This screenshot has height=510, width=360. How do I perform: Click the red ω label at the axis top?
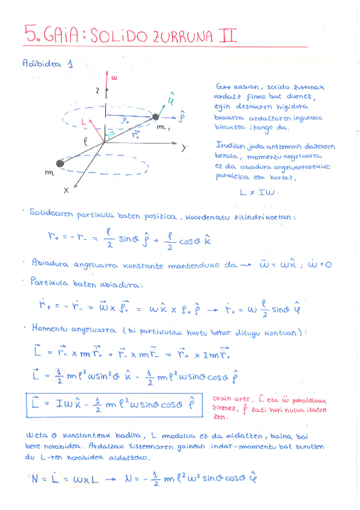tap(114, 77)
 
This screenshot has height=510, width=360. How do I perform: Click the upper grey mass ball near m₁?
tap(157, 116)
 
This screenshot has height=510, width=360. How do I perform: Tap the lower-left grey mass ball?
tap(60, 163)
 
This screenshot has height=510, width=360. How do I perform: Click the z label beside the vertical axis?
tap(96, 90)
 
